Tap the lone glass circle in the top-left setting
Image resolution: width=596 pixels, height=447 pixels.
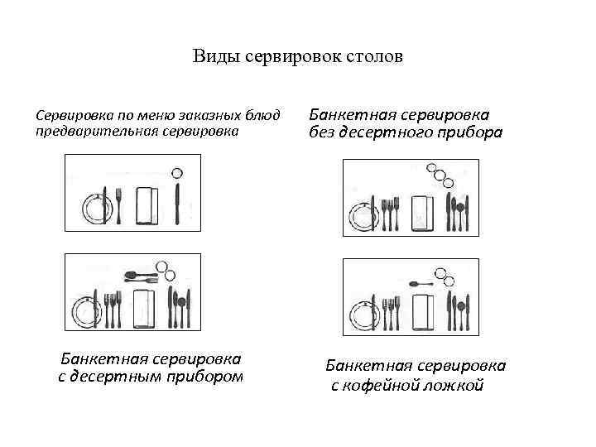(176, 173)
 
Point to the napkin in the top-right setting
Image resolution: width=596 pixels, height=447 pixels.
(422, 214)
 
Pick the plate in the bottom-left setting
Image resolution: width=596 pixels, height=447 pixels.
(84, 310)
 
